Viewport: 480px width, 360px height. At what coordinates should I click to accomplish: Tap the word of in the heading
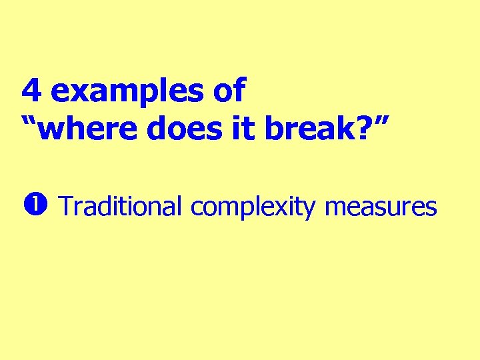point(230,90)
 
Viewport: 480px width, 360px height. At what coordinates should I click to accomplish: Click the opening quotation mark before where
point(29,122)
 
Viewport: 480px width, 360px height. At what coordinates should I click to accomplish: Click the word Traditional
point(121,207)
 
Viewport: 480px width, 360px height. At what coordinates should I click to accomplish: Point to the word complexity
point(253,208)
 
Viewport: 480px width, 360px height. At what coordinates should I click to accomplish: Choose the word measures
point(381,207)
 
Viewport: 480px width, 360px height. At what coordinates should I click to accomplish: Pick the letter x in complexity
point(285,208)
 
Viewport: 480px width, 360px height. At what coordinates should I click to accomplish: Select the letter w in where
point(52,131)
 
